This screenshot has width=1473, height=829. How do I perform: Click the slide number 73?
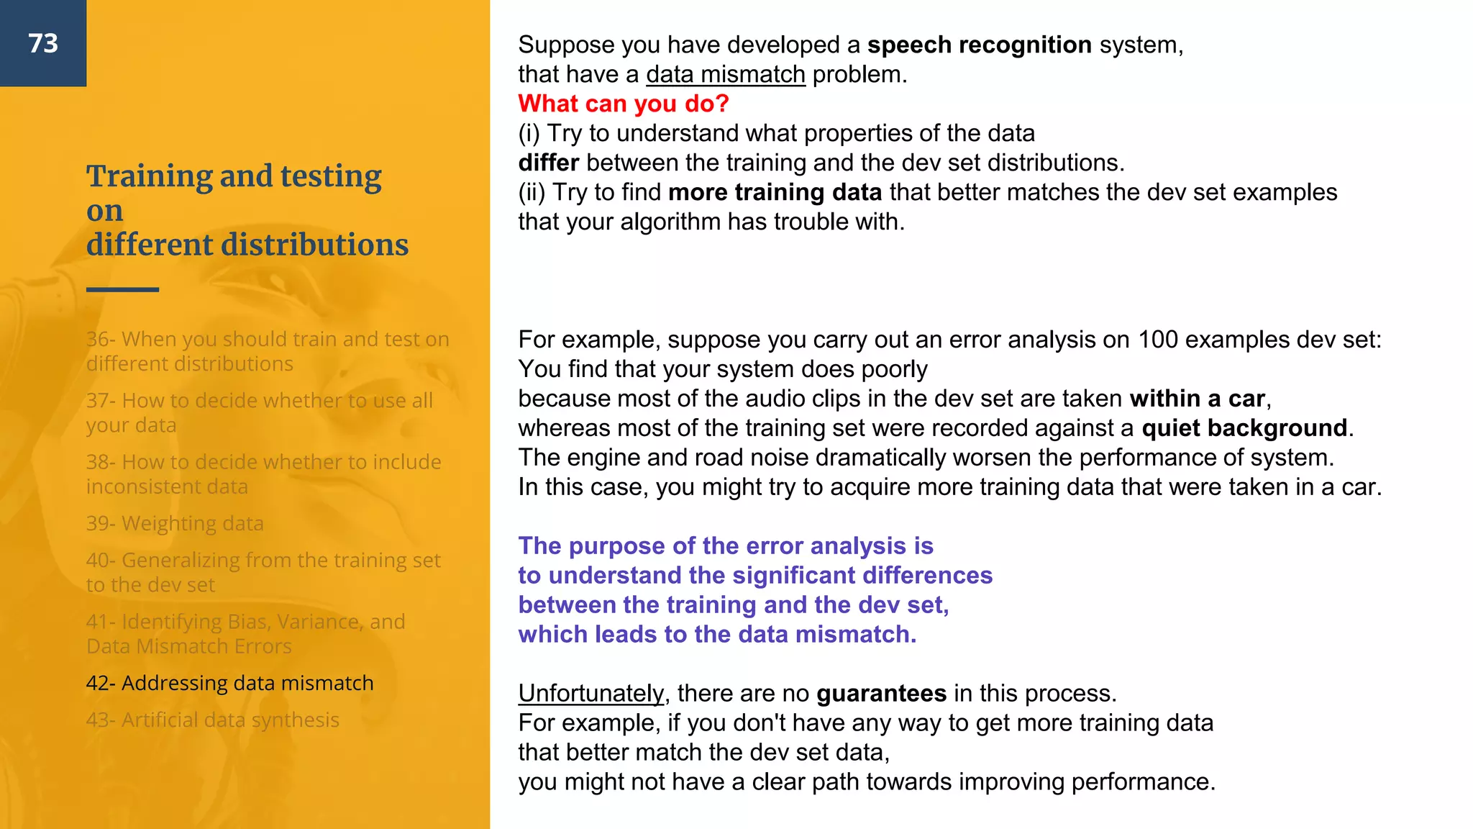[x=43, y=43]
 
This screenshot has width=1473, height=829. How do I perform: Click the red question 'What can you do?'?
[x=624, y=104]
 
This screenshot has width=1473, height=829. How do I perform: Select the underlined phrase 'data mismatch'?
[x=725, y=74]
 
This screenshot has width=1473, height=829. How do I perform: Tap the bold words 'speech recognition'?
[x=979, y=45]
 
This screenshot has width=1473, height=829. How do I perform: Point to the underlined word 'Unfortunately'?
[x=591, y=693]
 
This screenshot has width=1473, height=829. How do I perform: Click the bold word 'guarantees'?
[x=881, y=693]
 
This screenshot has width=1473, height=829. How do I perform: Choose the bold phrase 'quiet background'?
[x=1244, y=428]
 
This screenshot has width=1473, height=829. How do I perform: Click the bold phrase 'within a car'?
[x=1197, y=399]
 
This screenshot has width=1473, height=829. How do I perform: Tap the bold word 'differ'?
[x=548, y=163]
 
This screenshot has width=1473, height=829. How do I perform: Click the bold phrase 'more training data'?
[x=775, y=192]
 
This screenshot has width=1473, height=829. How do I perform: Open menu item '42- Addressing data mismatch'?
[x=229, y=683]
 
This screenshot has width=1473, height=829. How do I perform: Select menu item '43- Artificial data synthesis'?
[x=212, y=720]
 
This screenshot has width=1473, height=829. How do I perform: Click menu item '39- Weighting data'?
[x=175, y=523]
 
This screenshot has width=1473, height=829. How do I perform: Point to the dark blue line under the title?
[x=122, y=289]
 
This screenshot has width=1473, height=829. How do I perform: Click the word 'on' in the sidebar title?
[x=105, y=211]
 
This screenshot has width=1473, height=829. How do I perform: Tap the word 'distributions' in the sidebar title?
[x=314, y=245]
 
